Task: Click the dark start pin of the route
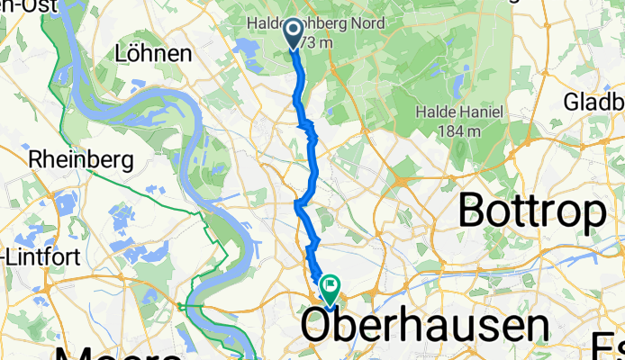[x=294, y=34]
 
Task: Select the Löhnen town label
[x=154, y=54]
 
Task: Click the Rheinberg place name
[x=81, y=160]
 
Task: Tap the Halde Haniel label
[x=459, y=112]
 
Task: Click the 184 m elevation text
[x=459, y=130]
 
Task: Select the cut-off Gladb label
[x=594, y=101]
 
